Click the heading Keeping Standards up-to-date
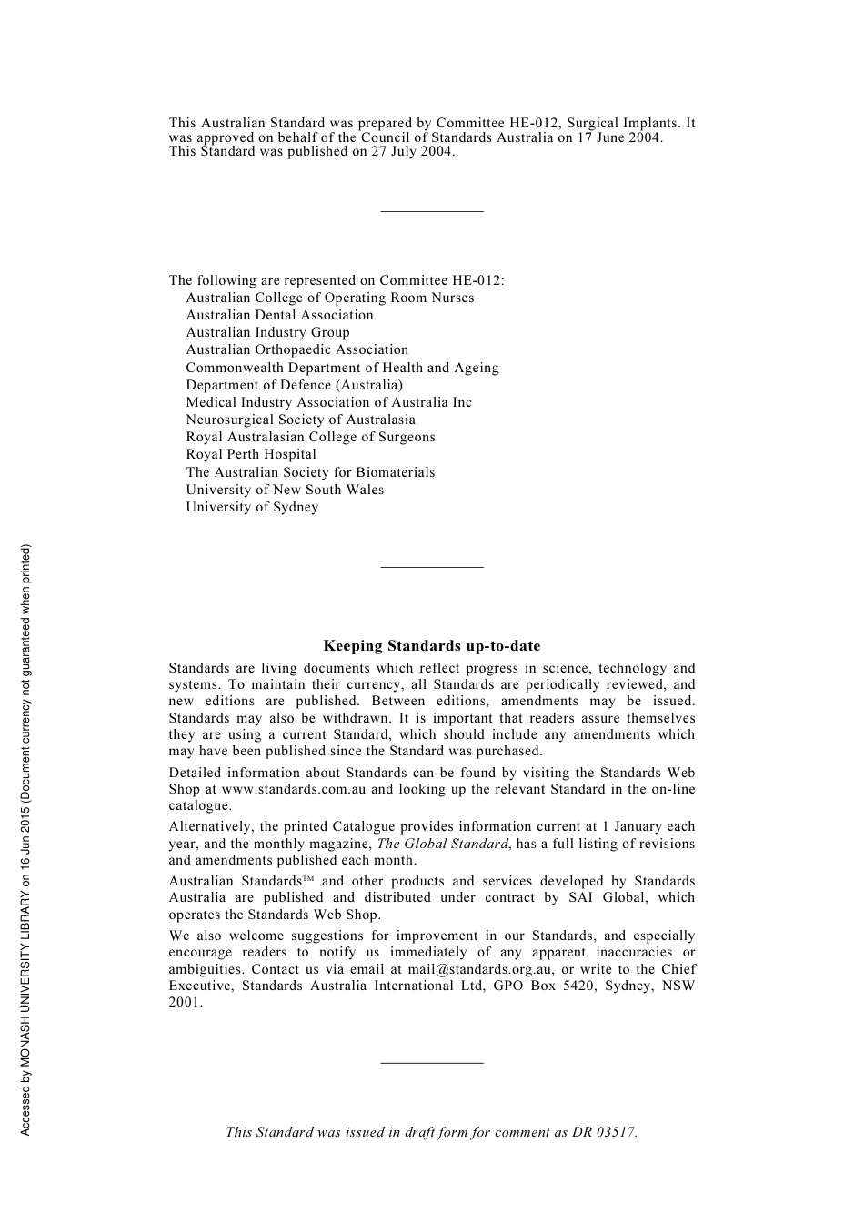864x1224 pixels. click(432, 646)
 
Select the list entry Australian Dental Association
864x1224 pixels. click(279, 315)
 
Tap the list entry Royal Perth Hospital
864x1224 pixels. click(251, 454)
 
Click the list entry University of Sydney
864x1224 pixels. click(252, 507)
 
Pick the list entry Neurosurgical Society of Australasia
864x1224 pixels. click(300, 420)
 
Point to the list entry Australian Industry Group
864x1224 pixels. click(267, 332)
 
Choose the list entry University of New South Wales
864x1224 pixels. click(285, 490)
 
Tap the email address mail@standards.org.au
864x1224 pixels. click(480, 969)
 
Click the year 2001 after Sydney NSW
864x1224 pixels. click(185, 1003)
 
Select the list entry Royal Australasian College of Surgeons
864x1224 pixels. click(310, 437)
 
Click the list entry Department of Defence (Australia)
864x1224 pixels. click(294, 385)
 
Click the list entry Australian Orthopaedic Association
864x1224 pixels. click(296, 349)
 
